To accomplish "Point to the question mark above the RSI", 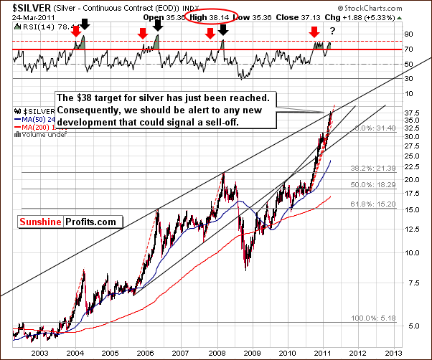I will (332, 30).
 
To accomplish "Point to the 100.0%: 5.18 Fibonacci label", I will (375, 318).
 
